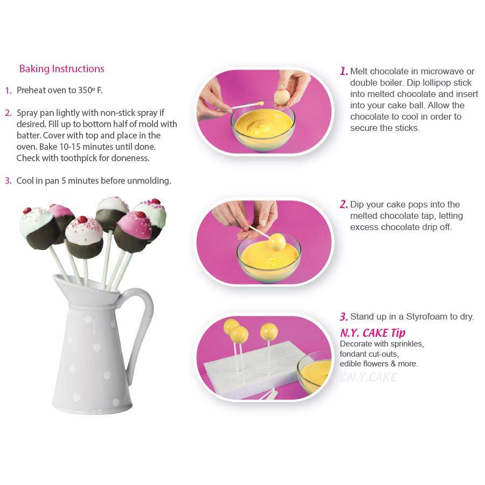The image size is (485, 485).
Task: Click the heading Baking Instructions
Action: (x=61, y=69)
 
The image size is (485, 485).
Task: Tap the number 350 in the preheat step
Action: (x=85, y=91)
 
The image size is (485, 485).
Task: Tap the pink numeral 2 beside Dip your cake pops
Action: (x=344, y=204)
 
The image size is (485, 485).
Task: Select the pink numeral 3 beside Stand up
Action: (x=344, y=317)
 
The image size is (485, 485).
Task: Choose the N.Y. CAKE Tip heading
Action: (x=372, y=333)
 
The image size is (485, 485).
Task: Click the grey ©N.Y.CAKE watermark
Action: (x=368, y=377)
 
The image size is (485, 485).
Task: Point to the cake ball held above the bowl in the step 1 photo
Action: (x=281, y=98)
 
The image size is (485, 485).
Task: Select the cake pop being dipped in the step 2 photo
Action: (x=276, y=242)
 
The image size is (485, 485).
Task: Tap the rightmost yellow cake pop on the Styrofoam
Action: (x=269, y=331)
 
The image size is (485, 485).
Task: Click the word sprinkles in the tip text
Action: (x=407, y=344)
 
